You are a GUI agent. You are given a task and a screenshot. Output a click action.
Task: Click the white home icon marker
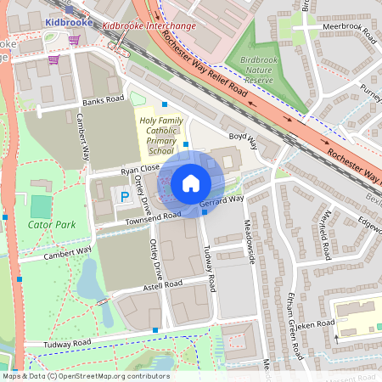[191, 183]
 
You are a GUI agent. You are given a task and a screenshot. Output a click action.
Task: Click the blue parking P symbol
[125, 197]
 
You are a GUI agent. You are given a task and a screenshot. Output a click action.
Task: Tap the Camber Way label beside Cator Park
[67, 252]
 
